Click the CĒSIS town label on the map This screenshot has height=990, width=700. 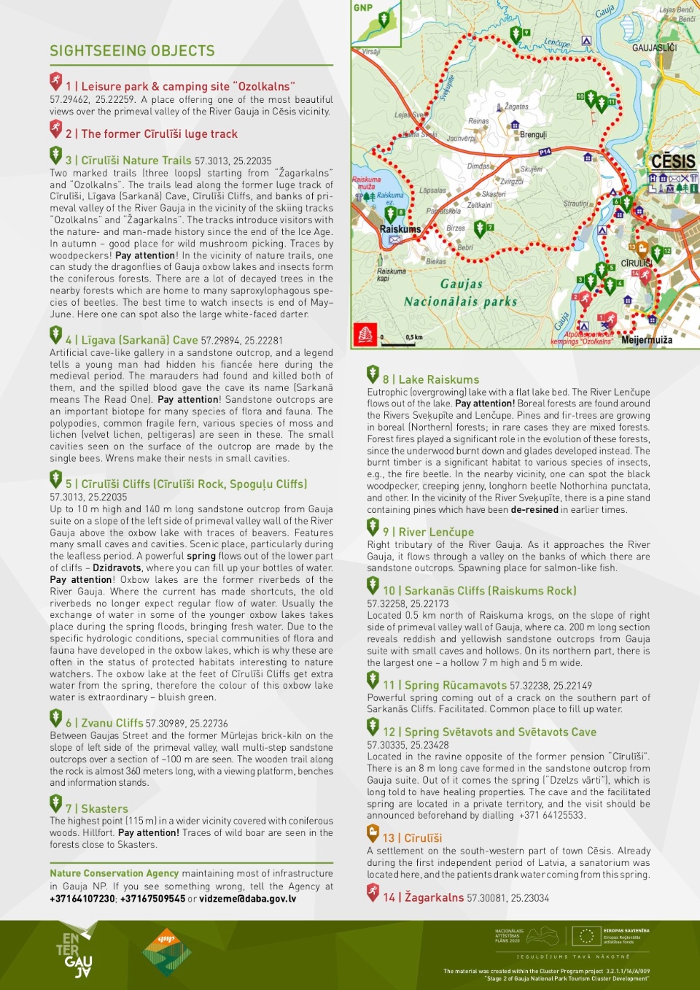point(672,161)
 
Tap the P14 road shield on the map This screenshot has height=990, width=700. point(545,152)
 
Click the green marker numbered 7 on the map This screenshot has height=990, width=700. point(480,228)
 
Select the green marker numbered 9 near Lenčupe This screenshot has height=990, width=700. point(516,34)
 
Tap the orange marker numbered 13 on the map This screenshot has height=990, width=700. point(642,249)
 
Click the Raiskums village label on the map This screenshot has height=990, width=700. point(400,229)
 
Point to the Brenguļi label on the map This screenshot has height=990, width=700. point(533,135)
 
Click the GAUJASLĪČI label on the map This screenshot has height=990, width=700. point(654,48)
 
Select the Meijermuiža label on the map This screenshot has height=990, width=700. point(647,340)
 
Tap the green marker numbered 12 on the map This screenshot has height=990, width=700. point(657,253)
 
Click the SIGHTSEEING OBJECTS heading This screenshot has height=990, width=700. point(132,51)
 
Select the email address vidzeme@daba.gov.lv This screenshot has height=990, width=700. point(248,899)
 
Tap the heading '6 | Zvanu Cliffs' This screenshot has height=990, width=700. point(104,723)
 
